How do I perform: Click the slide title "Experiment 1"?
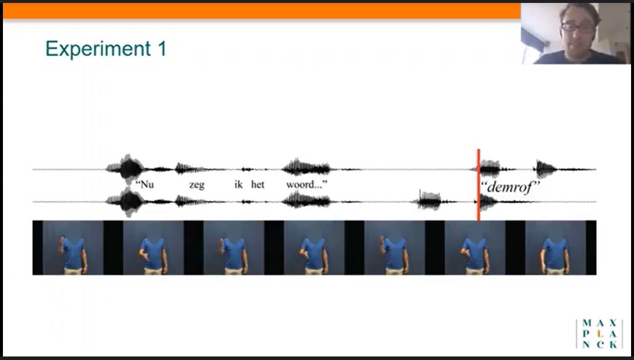(106, 49)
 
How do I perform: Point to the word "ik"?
(239, 184)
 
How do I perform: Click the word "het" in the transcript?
(257, 184)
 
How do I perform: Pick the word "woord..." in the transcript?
(307, 184)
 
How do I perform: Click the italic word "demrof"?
(510, 187)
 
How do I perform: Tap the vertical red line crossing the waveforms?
(479, 184)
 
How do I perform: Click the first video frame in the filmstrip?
(73, 248)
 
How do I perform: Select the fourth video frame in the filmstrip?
(314, 248)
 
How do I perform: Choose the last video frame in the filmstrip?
(555, 248)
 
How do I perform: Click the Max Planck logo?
(599, 334)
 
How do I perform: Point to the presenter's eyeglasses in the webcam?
(578, 28)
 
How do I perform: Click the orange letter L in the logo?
(600, 334)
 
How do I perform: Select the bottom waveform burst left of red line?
(430, 200)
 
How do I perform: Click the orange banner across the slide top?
(261, 11)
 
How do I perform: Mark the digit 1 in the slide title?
(162, 49)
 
